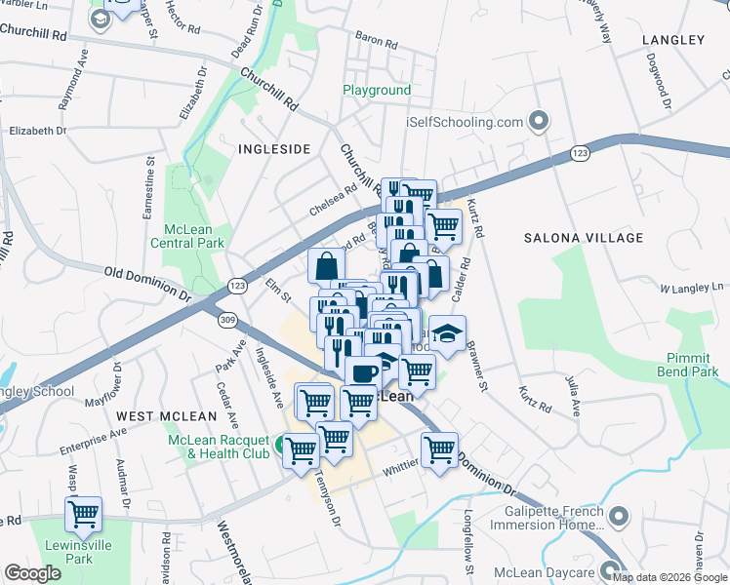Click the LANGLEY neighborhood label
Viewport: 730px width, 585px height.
[x=672, y=40]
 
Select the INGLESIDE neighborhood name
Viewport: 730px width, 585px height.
[x=273, y=149]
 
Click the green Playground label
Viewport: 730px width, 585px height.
[x=376, y=91]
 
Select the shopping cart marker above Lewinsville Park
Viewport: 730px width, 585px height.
[x=84, y=513]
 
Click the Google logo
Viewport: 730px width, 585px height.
[x=32, y=573]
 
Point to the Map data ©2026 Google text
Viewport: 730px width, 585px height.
[x=670, y=577]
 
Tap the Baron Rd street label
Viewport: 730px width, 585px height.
[x=377, y=41]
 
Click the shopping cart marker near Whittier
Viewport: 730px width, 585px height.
[x=439, y=449]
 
